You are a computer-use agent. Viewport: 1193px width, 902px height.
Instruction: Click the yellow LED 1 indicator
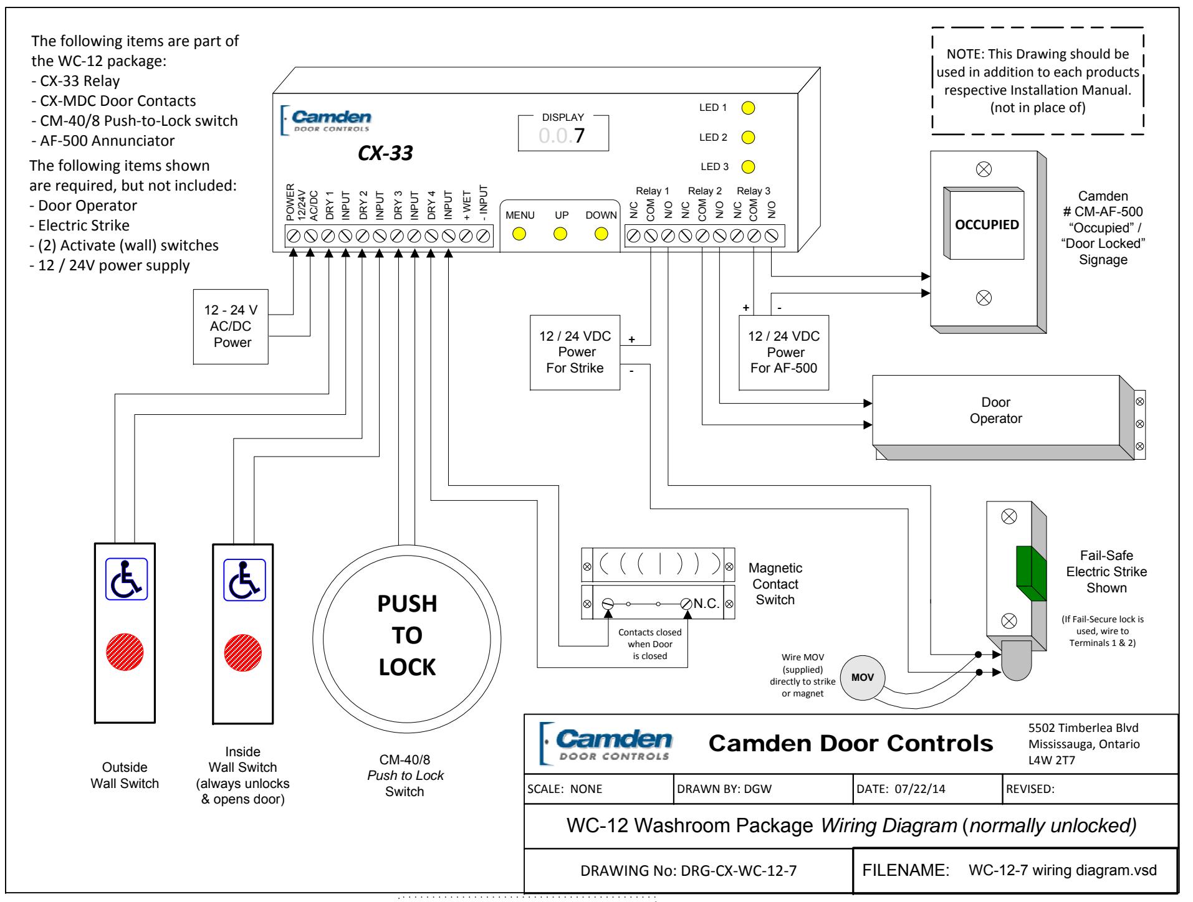(x=749, y=107)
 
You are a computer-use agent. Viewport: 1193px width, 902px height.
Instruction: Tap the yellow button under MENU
(x=519, y=234)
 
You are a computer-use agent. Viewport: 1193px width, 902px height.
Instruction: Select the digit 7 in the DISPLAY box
(x=580, y=135)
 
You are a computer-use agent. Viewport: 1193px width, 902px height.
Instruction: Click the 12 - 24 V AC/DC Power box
(x=231, y=326)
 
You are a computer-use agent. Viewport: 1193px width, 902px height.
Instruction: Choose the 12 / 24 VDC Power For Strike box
(x=575, y=353)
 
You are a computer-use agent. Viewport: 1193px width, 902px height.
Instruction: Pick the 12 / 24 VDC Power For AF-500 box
(x=783, y=353)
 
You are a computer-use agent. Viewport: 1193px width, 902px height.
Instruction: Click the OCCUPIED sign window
(x=987, y=225)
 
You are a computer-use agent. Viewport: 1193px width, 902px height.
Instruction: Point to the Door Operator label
(x=995, y=411)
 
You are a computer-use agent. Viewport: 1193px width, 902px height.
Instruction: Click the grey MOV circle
(x=863, y=677)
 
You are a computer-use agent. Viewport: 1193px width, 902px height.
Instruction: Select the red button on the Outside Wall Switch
(x=125, y=652)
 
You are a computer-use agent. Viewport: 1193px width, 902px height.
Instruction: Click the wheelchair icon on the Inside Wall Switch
(x=244, y=579)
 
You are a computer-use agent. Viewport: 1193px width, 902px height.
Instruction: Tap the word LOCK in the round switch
(x=408, y=667)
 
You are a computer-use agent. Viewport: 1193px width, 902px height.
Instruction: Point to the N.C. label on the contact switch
(x=706, y=604)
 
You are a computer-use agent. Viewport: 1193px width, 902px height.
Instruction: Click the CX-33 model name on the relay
(x=385, y=153)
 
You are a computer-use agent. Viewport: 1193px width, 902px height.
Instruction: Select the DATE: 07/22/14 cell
(x=927, y=789)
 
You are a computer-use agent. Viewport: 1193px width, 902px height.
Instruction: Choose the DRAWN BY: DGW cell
(x=763, y=789)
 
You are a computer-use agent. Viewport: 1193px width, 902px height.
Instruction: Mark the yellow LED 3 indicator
(x=749, y=166)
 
